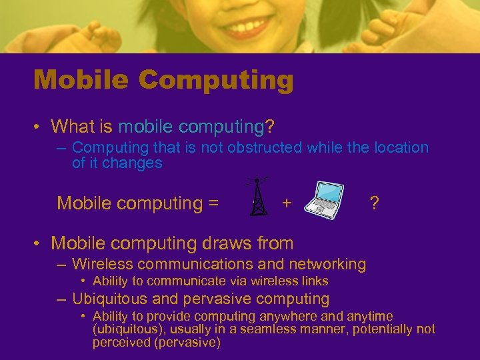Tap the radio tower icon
[x=257, y=196]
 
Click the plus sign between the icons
[x=287, y=202]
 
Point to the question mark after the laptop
[x=375, y=203]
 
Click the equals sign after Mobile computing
[x=213, y=203]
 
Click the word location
[x=401, y=147]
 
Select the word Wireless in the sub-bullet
[x=101, y=264]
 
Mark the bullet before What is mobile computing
[x=40, y=126]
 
